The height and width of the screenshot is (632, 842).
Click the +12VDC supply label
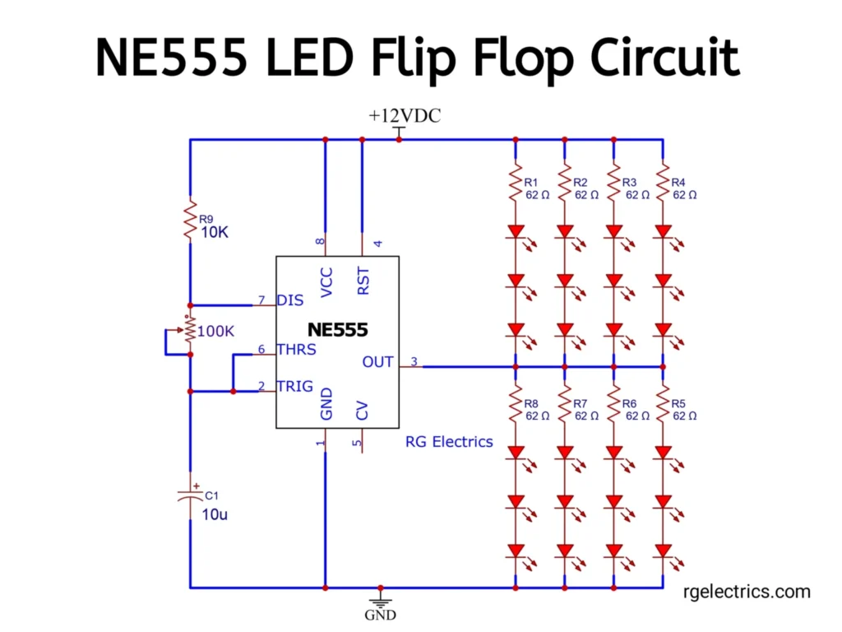click(x=405, y=116)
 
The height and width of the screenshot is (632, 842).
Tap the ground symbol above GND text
click(x=380, y=596)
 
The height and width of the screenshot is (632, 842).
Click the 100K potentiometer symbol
click(x=190, y=331)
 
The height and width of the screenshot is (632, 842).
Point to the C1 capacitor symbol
click(x=190, y=495)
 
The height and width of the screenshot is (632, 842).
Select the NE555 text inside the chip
click(x=337, y=331)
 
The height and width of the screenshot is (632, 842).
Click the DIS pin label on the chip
click(x=290, y=300)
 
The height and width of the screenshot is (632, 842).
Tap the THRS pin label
click(x=296, y=350)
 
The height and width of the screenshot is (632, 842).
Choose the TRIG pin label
click(x=294, y=386)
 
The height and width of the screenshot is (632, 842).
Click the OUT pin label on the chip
click(x=378, y=362)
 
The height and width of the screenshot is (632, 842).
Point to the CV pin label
click(x=363, y=411)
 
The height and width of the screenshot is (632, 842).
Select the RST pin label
click(x=363, y=281)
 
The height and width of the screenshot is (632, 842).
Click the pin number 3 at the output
click(x=414, y=360)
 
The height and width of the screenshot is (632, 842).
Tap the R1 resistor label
click(x=531, y=182)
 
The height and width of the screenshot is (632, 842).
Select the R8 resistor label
click(x=531, y=403)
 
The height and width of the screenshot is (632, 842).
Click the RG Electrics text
click(x=449, y=442)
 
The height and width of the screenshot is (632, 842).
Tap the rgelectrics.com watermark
click(x=747, y=591)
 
